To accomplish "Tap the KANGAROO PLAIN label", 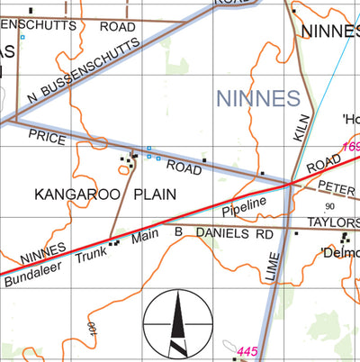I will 104,194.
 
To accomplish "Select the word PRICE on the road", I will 47,135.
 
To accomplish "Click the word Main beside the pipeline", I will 144,238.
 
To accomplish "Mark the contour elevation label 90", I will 329,206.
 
